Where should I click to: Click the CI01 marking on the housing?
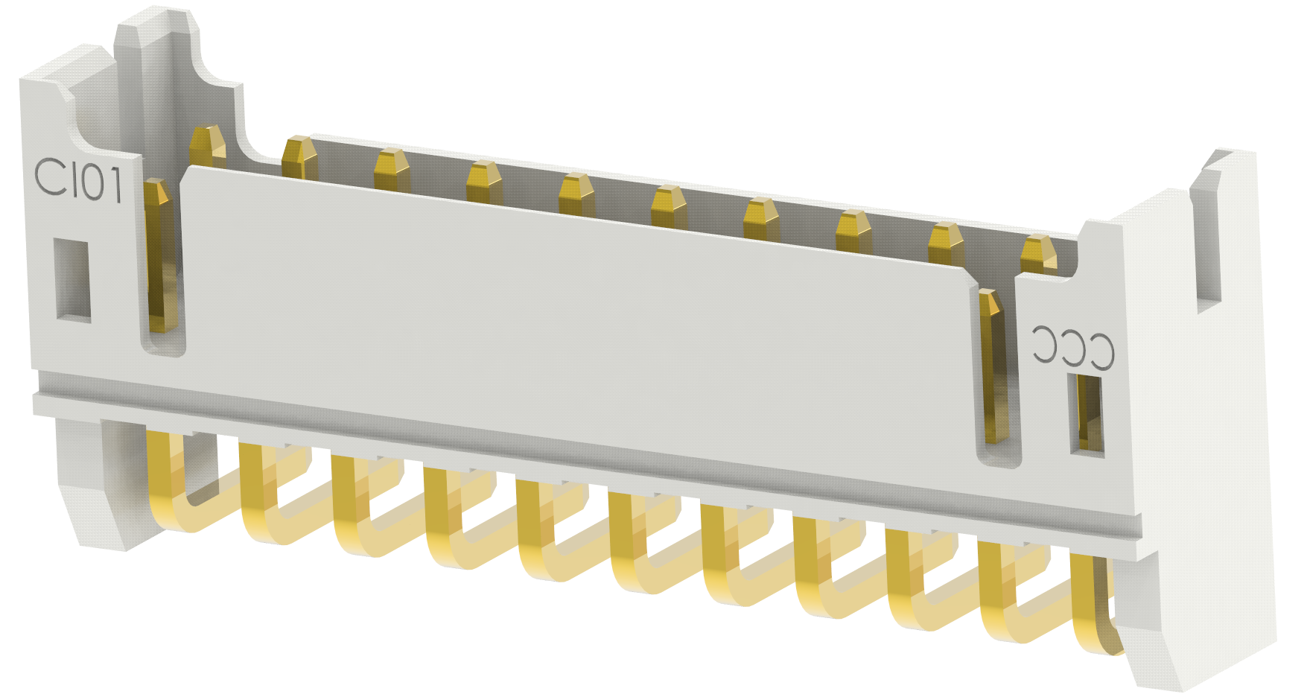pyautogui.click(x=79, y=181)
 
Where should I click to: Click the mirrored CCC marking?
pyautogui.click(x=1073, y=346)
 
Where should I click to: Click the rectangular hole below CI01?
pyautogui.click(x=72, y=280)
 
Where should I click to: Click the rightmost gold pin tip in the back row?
pyautogui.click(x=1038, y=253)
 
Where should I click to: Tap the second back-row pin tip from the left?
pyautogui.click(x=299, y=156)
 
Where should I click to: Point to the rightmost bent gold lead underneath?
pyautogui.click(x=1093, y=611)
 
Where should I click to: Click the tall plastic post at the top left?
pyautogui.click(x=160, y=67)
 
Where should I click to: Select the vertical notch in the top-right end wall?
pyautogui.click(x=1206, y=238)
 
